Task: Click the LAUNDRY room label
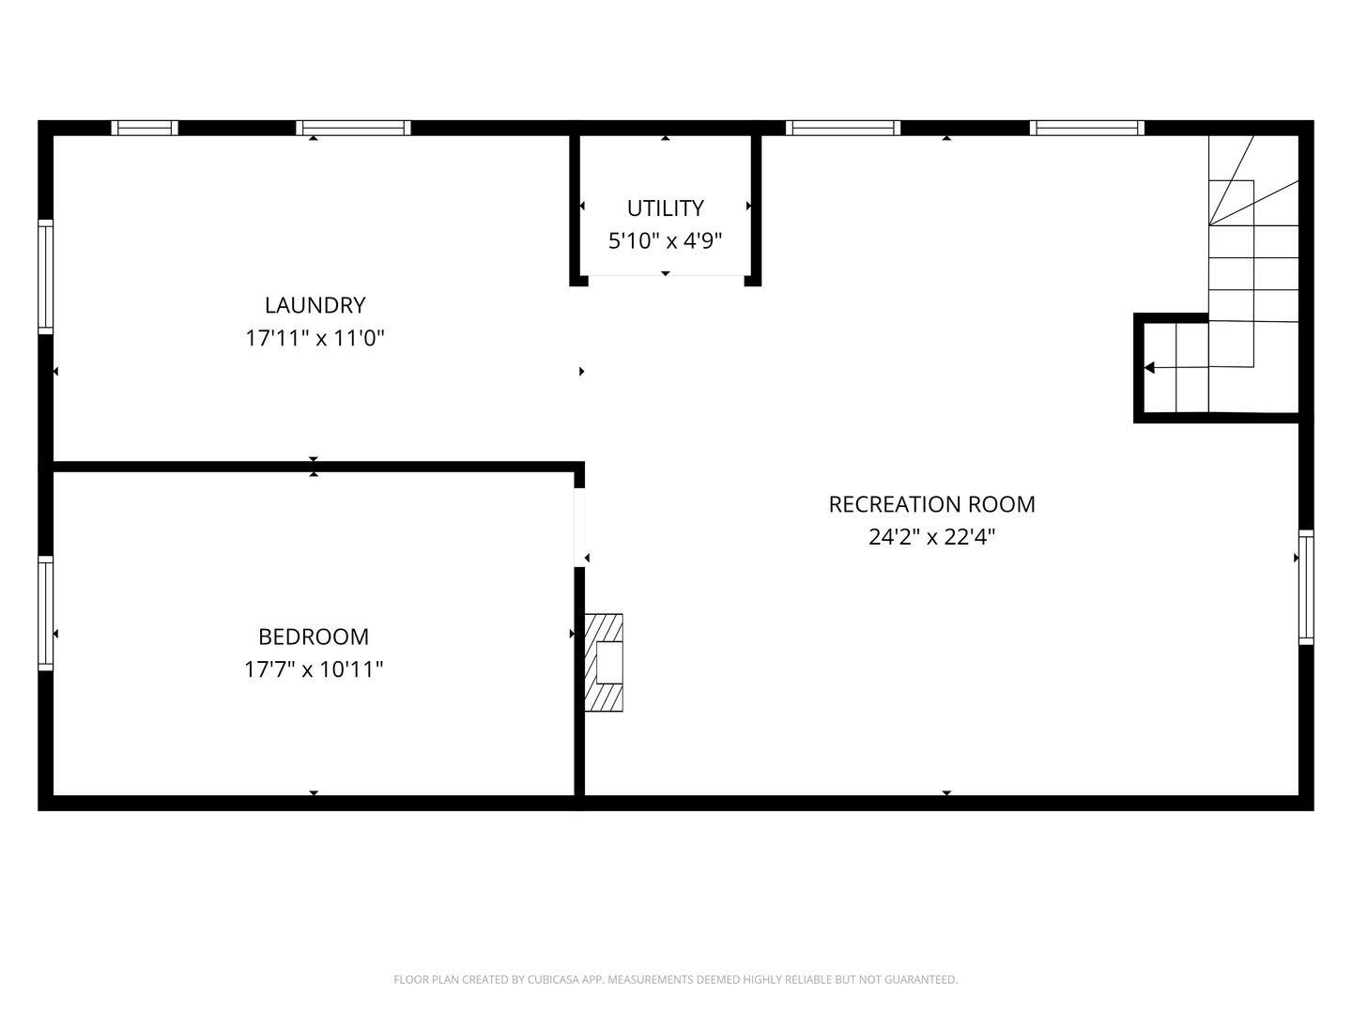pos(315,305)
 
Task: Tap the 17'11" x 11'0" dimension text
pos(315,338)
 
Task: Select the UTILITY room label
pos(666,207)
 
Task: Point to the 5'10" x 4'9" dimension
pos(666,241)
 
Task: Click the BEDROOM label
pos(314,637)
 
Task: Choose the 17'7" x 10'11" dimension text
pos(314,669)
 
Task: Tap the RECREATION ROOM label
pos(931,504)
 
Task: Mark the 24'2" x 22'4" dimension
pos(931,537)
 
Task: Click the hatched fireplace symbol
pos(604,662)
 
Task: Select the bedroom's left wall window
pos(45,612)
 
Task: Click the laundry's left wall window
pos(45,276)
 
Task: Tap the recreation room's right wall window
pos(1306,587)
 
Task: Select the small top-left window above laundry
pos(145,128)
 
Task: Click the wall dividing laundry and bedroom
pos(314,466)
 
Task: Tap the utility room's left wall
pos(575,207)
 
